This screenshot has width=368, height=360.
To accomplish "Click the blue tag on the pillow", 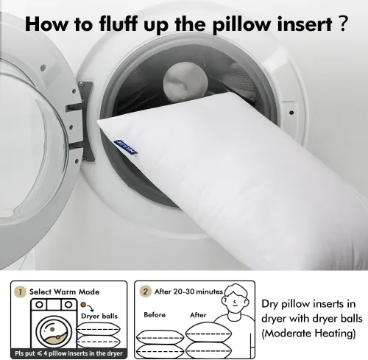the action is pyautogui.click(x=126, y=147).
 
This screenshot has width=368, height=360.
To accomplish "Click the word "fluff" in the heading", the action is pyautogui.click(x=118, y=24).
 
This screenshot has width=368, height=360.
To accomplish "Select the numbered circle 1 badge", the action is pyautogui.click(x=21, y=292).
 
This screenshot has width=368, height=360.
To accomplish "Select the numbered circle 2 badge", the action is pyautogui.click(x=145, y=292).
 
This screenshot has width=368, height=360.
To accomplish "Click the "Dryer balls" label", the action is pyautogui.click(x=99, y=316).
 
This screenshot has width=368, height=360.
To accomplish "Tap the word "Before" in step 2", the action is pyautogui.click(x=155, y=315).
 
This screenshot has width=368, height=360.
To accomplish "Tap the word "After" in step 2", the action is pyautogui.click(x=198, y=315).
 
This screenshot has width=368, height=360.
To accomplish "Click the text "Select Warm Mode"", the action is pyautogui.click(x=64, y=292).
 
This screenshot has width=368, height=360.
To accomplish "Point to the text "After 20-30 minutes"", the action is pyautogui.click(x=188, y=292).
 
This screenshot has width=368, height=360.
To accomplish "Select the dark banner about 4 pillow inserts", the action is pyautogui.click(x=68, y=353).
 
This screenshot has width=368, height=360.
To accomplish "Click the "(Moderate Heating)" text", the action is pyautogui.click(x=308, y=333).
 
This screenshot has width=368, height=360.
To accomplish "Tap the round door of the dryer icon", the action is pyautogui.click(x=54, y=332).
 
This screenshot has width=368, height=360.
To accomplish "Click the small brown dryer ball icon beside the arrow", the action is pyautogui.click(x=83, y=305).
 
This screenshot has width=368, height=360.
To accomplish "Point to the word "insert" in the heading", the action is pyautogui.click(x=305, y=24).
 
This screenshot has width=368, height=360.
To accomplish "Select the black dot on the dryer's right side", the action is pyautogui.click(x=291, y=113).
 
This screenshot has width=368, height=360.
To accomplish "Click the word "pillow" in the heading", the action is pyautogui.click(x=241, y=25).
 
